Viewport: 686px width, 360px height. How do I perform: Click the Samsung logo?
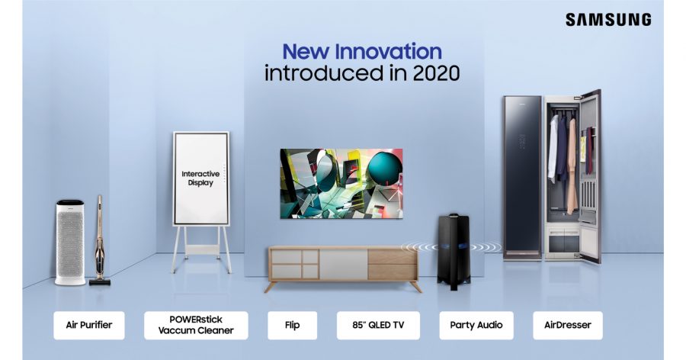coord(608,20)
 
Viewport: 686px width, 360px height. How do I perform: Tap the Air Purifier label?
coord(89,326)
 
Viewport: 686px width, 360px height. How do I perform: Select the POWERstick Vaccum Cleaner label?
coord(196,326)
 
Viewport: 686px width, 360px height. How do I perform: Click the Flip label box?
coord(292,326)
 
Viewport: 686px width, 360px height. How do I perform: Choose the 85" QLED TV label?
coord(378,326)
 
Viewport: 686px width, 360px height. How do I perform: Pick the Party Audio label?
coord(476,326)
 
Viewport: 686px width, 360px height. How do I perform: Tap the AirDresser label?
coord(567,326)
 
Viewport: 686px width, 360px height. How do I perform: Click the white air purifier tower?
coord(70,243)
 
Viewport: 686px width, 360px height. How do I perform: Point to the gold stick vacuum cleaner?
coord(100,240)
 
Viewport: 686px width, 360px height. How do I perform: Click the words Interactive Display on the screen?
coord(200,178)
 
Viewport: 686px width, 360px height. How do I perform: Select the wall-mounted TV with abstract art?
coord(341,184)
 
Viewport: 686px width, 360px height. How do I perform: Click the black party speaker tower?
coord(454,252)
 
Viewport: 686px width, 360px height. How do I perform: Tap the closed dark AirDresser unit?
coord(522,178)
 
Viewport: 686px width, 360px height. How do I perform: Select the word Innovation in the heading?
coord(389,52)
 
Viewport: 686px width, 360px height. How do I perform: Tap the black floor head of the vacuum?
coord(100,282)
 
